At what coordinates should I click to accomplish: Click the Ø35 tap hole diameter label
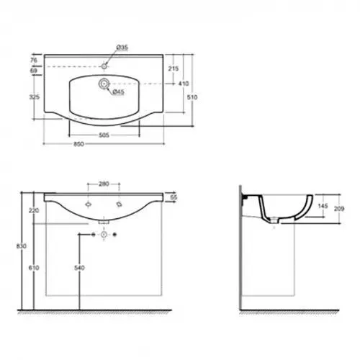tap(122, 48)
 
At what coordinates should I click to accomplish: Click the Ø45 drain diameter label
tap(118, 91)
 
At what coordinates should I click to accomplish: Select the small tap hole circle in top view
tap(104, 66)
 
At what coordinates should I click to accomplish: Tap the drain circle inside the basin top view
tap(104, 84)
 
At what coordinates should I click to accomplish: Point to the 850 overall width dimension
tap(78, 144)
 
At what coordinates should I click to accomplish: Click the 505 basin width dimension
tap(104, 135)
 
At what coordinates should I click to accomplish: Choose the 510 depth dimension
tap(192, 97)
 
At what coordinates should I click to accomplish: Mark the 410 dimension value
tap(184, 84)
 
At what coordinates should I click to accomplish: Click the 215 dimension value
tap(173, 68)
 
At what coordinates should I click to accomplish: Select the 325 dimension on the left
tap(35, 97)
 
